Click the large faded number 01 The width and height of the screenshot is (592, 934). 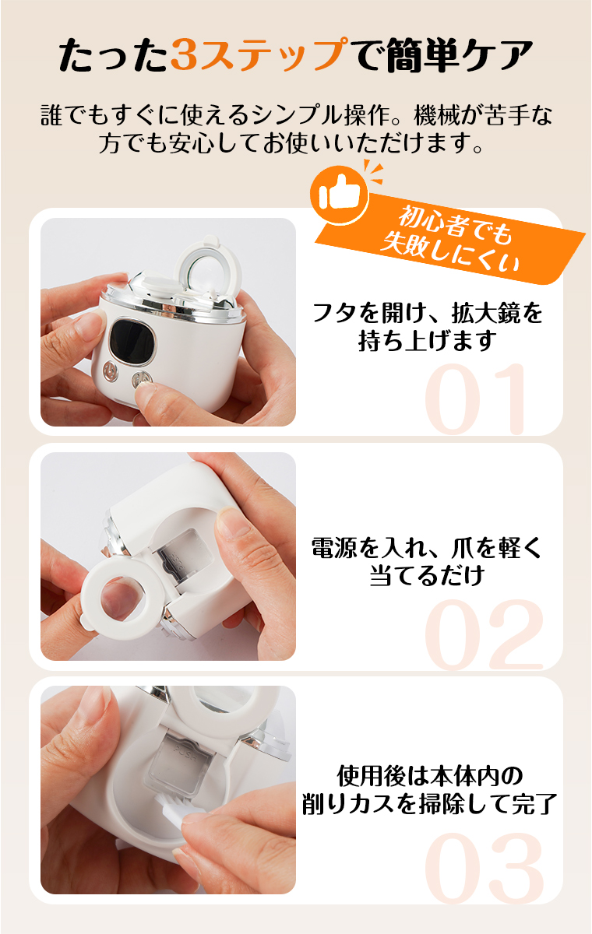click(477, 399)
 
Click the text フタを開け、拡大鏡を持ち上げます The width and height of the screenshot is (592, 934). click(427, 327)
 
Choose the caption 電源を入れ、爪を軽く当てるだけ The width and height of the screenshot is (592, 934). click(427, 560)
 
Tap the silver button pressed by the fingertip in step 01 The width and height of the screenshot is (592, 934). click(143, 381)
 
